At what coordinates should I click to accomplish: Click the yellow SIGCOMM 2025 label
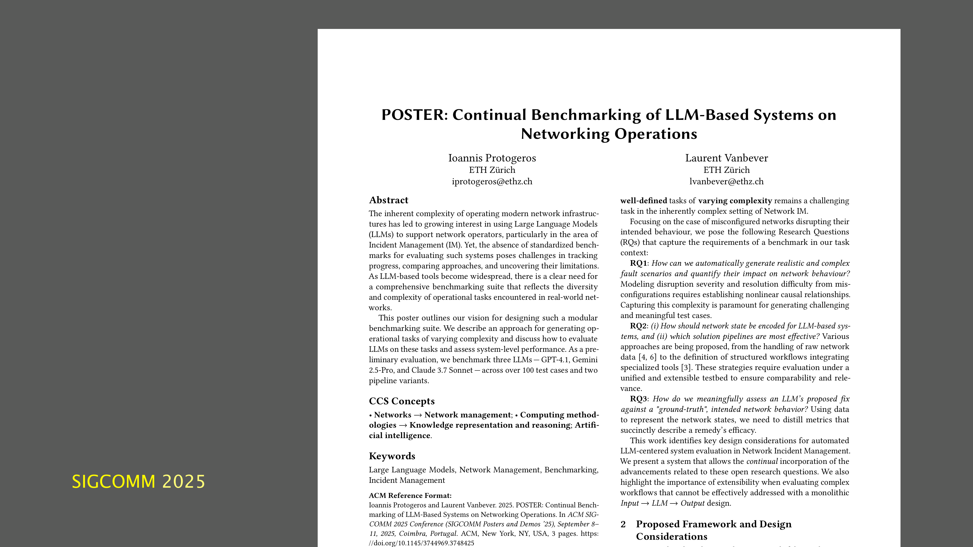tap(138, 482)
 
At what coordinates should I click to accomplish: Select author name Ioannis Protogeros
tap(492, 158)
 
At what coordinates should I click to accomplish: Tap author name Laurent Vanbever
tap(726, 158)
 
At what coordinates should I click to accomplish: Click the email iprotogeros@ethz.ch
tap(492, 182)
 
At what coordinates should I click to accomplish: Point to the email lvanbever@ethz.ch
tap(726, 182)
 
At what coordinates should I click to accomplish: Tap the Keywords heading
tap(392, 456)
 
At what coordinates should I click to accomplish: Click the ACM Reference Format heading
tap(410, 496)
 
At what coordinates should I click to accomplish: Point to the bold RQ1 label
tap(638, 263)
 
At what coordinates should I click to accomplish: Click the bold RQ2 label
tap(638, 326)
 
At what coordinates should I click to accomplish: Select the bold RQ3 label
tap(638, 399)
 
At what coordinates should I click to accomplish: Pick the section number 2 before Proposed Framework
tap(623, 524)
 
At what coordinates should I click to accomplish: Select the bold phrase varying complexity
tap(735, 201)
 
